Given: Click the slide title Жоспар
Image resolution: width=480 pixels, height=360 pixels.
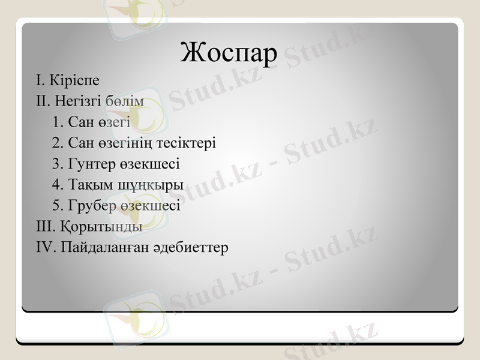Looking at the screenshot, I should tap(229, 53).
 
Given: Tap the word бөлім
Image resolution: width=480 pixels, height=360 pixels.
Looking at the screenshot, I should tap(125, 101).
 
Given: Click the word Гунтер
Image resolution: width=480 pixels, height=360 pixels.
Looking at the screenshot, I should tap(89, 164).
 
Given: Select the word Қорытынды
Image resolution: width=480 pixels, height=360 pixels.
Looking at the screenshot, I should tap(101, 227).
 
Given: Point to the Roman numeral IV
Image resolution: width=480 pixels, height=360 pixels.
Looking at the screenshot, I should tap(46, 247).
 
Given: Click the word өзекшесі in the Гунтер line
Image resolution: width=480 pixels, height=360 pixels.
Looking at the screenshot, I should tap(149, 164).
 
